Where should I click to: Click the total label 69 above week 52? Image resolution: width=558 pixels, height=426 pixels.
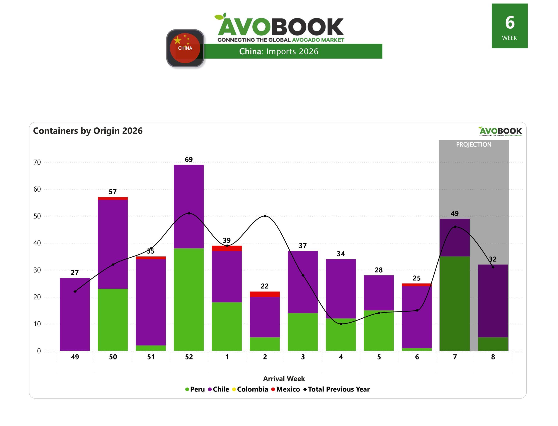click(189, 160)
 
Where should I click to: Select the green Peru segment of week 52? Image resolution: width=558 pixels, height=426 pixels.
click(189, 299)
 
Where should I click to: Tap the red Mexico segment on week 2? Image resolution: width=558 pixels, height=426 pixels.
click(265, 294)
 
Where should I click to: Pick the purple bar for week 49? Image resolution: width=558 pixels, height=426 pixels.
click(75, 314)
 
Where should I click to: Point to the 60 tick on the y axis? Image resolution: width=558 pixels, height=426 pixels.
click(37, 189)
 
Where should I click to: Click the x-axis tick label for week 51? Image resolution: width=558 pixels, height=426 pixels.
click(151, 357)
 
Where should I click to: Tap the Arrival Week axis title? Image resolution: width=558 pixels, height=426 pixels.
click(284, 379)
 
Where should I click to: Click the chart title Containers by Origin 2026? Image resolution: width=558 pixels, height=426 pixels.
click(88, 131)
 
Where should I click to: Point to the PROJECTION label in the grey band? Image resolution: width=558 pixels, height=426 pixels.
click(474, 144)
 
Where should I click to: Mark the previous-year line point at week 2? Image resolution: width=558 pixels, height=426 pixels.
click(265, 216)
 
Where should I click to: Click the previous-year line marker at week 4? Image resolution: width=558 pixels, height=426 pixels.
click(341, 324)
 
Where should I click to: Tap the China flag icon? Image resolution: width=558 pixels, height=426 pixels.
click(185, 48)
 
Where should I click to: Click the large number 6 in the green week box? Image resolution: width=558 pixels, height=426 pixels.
click(510, 22)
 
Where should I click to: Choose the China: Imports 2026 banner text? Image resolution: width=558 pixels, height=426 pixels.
click(279, 52)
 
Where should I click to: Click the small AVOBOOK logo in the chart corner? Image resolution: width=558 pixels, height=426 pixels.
click(500, 131)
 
